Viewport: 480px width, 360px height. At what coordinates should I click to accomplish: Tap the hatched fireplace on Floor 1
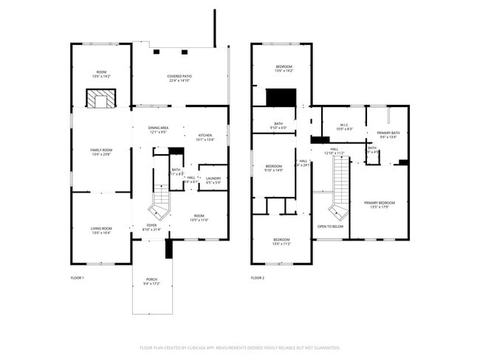[100, 100]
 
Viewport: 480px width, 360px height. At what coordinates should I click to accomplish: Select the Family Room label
[100, 152]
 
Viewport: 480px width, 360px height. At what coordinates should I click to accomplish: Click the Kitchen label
[205, 136]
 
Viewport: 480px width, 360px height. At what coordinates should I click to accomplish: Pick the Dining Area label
[158, 130]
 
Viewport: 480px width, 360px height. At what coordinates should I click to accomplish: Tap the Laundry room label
[213, 179]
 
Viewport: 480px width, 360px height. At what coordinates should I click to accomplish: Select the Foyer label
[151, 227]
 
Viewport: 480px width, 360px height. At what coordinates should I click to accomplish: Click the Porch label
[151, 281]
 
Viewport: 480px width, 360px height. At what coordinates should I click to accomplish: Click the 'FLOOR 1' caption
[77, 277]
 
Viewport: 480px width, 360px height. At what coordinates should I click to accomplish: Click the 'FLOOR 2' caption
[257, 277]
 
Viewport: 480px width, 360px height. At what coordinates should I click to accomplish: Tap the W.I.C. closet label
[344, 127]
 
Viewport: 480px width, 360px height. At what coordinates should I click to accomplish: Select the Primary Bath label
[388, 135]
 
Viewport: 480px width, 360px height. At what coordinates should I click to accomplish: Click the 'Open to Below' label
[330, 226]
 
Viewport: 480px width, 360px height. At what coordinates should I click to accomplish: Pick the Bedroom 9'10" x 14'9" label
[274, 168]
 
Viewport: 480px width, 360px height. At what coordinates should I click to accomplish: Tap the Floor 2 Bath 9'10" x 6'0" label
[278, 125]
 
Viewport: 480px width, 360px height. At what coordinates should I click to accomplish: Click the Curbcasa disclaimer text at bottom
[239, 347]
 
